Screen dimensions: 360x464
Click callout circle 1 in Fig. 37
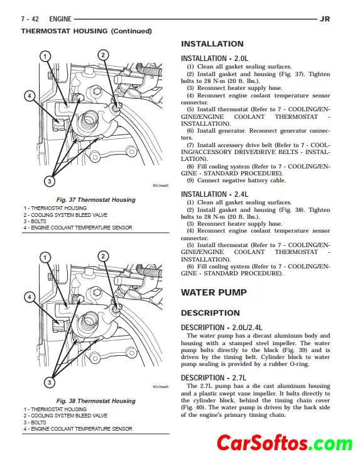click(45, 56)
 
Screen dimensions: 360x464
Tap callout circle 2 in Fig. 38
click(103, 257)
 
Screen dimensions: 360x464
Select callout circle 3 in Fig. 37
click(50, 181)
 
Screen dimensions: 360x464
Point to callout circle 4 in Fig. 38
click(30, 297)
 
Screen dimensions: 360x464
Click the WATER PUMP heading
click(214, 292)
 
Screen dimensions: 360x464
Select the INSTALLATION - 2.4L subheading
click(214, 194)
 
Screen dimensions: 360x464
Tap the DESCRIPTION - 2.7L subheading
click(213, 378)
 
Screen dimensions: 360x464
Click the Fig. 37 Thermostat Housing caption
click(96, 200)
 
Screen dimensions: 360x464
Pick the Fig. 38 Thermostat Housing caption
click(96, 401)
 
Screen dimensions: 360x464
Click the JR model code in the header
click(325, 19)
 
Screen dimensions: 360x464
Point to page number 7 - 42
click(30, 19)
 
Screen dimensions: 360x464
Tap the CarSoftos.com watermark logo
click(285, 443)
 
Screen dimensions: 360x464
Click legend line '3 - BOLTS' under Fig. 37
click(35, 221)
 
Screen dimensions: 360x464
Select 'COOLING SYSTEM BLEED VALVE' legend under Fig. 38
click(69, 416)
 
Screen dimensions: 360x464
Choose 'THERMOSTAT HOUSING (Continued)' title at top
click(86, 31)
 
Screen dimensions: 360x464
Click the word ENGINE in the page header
click(60, 19)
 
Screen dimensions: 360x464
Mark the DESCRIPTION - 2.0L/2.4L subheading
click(222, 328)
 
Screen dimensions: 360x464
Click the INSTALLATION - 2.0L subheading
click(214, 58)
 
